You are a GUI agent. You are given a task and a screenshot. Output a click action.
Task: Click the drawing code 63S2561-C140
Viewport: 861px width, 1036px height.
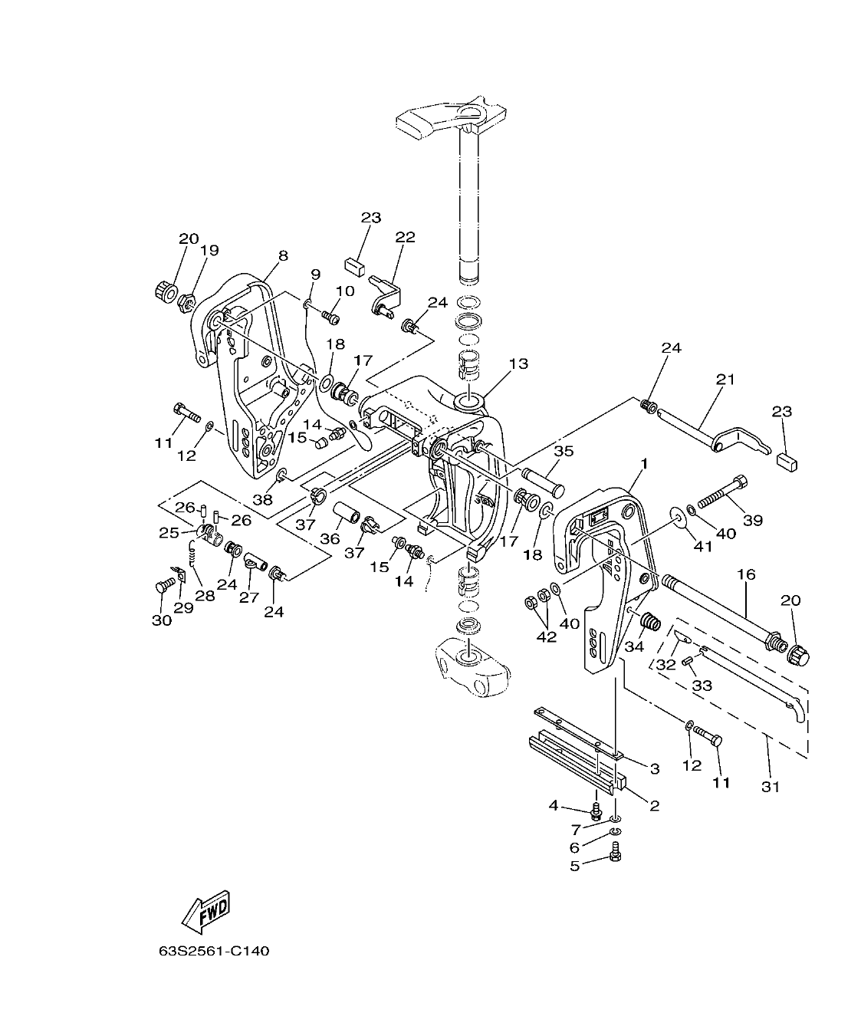[x=214, y=952]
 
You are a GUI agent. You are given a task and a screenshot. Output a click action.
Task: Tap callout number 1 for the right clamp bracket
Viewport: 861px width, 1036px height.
[x=645, y=463]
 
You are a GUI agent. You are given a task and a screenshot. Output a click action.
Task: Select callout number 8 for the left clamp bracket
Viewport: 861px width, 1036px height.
[x=283, y=256]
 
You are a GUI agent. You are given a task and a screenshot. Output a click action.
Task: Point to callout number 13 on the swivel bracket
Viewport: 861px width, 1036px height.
[x=518, y=363]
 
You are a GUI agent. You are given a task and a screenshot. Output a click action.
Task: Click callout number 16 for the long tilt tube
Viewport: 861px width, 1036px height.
[x=747, y=573]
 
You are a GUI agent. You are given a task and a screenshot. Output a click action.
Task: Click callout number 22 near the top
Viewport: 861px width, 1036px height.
[x=405, y=237]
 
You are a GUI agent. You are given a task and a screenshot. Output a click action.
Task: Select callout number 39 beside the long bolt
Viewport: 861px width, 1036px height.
[x=753, y=520]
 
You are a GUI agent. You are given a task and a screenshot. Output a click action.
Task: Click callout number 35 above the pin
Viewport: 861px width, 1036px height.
[x=564, y=451]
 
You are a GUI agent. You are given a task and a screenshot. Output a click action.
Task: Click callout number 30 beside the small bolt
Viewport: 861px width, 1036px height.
[x=161, y=620]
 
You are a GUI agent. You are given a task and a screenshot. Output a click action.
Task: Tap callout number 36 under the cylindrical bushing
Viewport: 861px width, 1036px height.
[x=330, y=539]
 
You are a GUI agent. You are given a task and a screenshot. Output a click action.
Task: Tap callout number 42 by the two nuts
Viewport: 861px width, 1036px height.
[x=546, y=636]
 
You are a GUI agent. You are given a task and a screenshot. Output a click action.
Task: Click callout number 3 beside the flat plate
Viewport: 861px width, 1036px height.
[x=654, y=768]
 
